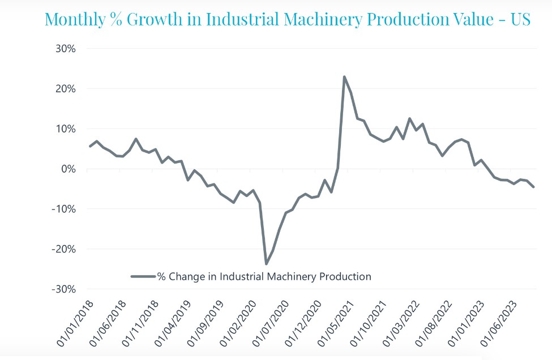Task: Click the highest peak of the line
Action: click(344, 76)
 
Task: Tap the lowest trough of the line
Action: click(266, 264)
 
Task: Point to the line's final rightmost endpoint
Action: click(533, 187)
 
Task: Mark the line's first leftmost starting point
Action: click(90, 147)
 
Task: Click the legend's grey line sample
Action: click(143, 277)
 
